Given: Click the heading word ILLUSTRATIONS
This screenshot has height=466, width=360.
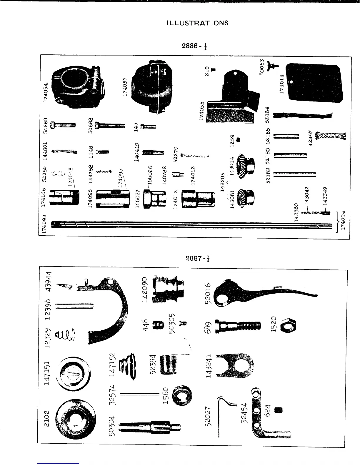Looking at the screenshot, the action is pyautogui.click(x=197, y=23).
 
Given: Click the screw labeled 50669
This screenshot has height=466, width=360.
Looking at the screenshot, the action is pyautogui.click(x=63, y=125).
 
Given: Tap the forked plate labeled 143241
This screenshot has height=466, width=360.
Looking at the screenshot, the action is pyautogui.click(x=235, y=365).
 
